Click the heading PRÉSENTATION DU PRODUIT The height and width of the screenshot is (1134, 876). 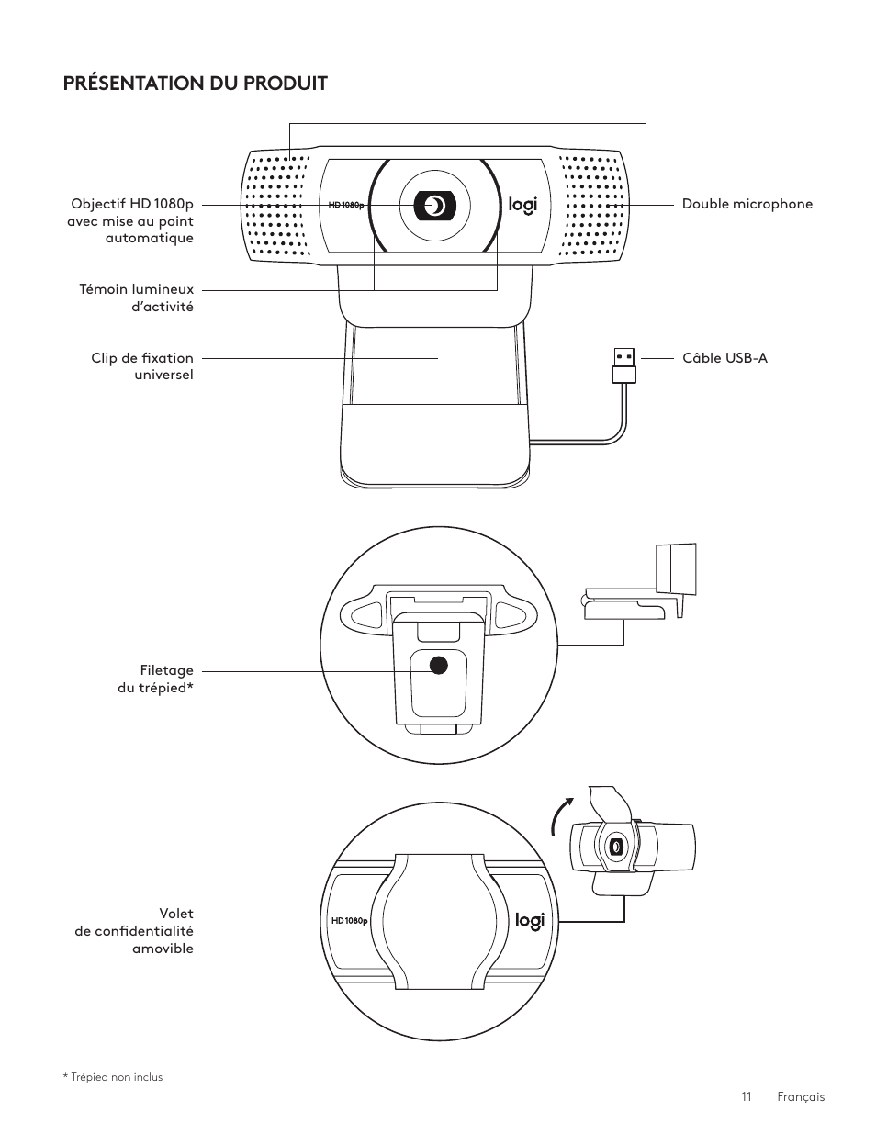coord(196,84)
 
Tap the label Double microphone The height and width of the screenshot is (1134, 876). coord(747,204)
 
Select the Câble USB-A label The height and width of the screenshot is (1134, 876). coord(724,358)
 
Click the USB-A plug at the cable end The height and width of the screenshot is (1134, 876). coord(624,365)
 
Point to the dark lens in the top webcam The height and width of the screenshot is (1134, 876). coord(434,206)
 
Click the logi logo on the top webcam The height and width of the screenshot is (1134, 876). coord(522,206)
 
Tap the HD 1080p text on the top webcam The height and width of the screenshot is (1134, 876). coord(346,205)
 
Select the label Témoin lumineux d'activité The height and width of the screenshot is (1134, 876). coord(136,298)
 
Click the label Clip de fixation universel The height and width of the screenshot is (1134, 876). coord(142,366)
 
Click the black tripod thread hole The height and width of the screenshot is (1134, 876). coord(438,665)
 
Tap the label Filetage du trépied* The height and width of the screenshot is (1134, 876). coord(155,679)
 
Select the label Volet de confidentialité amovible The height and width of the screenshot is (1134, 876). coord(134,931)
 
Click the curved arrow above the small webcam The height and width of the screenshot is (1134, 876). coord(561,815)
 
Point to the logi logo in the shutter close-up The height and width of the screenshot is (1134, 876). coord(530,921)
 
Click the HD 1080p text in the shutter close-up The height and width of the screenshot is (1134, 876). coord(350,921)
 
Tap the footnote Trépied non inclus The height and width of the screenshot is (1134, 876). coord(113,1077)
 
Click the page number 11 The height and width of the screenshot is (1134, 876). coord(747,1096)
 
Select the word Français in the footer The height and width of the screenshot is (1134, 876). coord(801,1097)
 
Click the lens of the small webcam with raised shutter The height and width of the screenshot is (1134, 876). coord(615,847)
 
